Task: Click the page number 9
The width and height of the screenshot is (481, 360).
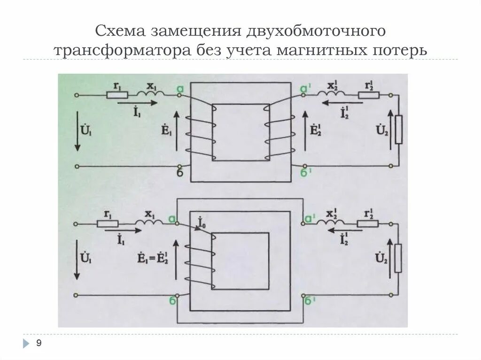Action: click(39, 344)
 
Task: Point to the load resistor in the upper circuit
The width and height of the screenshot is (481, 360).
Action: click(398, 130)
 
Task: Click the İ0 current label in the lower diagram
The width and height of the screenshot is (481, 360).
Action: click(202, 222)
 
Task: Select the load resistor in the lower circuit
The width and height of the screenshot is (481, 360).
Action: click(398, 258)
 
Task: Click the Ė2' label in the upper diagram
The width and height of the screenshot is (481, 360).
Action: click(316, 130)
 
